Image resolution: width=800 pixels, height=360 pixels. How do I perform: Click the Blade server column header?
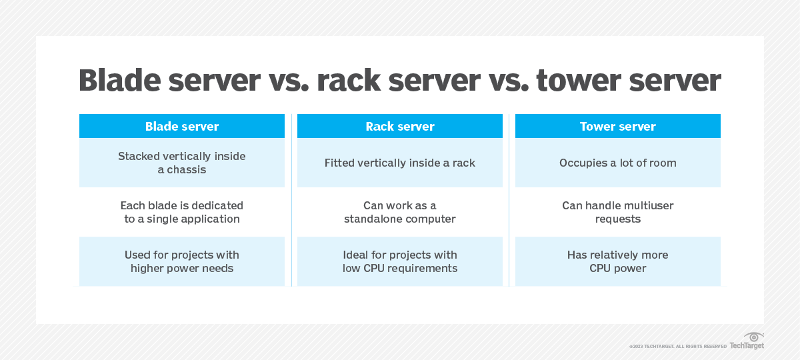coord(181,126)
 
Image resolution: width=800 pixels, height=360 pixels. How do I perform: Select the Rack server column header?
coord(399,126)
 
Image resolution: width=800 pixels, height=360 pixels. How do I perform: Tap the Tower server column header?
coord(617,126)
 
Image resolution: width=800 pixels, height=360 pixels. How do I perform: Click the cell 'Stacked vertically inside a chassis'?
coord(181,163)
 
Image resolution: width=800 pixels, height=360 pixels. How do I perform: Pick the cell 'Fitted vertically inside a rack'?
coord(399,163)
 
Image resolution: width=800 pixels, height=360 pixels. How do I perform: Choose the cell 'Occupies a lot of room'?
coord(617,163)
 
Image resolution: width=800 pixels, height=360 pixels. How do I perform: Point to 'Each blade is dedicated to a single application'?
coord(181,212)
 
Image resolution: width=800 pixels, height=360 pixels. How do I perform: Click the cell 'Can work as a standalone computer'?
coord(399,212)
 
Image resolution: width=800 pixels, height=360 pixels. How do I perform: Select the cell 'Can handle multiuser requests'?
coord(617,212)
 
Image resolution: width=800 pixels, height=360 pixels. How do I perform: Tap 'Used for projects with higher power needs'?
coord(181,261)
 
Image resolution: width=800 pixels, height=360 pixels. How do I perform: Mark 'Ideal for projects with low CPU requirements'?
coord(399,261)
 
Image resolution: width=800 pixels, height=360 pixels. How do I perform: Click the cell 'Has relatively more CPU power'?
coord(617,261)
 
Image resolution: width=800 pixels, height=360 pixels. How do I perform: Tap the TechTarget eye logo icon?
coord(753,337)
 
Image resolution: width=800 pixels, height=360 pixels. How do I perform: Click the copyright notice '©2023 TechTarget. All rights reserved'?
coord(677,346)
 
